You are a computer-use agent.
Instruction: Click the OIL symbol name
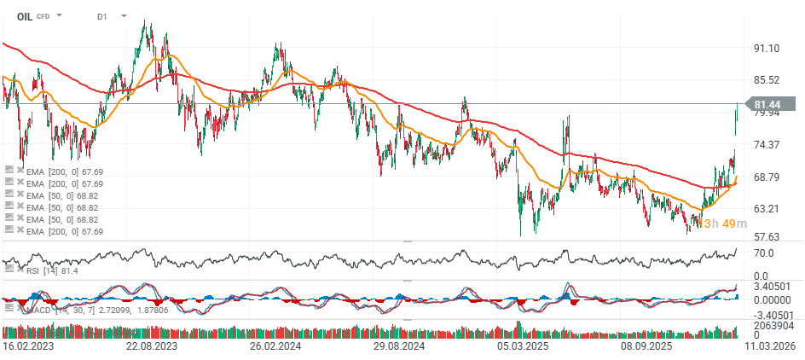(x=24, y=15)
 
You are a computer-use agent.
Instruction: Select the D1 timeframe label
(x=102, y=16)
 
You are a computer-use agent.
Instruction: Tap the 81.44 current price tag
(x=770, y=104)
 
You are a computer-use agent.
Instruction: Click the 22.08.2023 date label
(x=151, y=347)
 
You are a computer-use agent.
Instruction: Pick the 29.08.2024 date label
(x=400, y=347)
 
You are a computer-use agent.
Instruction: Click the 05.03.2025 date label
(x=523, y=347)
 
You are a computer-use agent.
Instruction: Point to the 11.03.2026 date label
(x=772, y=347)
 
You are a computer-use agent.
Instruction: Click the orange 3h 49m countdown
(x=719, y=224)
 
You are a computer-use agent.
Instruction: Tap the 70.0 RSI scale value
(x=764, y=253)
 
